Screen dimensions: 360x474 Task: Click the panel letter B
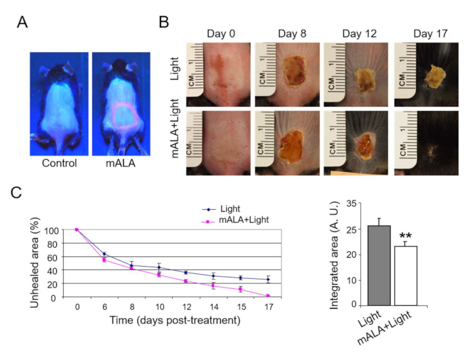click(163, 22)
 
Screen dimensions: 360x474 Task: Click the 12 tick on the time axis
click(186, 306)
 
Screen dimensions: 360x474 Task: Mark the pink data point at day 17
click(267, 296)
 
